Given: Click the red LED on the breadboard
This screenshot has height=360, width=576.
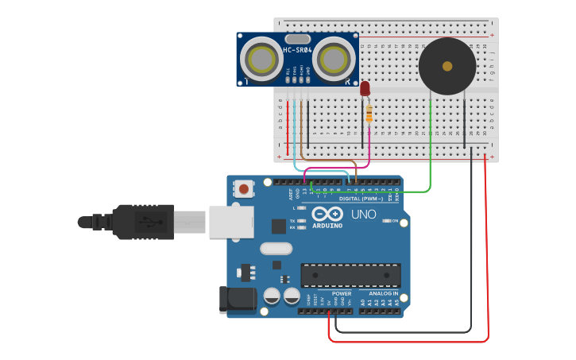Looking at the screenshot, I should (x=365, y=88).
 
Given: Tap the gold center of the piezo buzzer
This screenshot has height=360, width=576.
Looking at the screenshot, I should (x=447, y=66).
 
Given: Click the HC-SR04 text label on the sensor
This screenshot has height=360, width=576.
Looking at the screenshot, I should (x=298, y=51).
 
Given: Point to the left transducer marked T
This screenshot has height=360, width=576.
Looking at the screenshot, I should (x=261, y=59).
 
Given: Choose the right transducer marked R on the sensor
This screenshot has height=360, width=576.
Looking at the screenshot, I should (x=334, y=59).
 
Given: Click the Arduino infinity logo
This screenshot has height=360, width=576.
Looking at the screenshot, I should (x=327, y=214).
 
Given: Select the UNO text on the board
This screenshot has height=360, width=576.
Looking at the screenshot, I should (x=363, y=214).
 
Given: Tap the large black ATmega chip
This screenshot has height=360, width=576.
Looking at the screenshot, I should (x=350, y=275).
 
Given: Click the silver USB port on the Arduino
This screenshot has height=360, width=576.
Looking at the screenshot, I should (x=231, y=222).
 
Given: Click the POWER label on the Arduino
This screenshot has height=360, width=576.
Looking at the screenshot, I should (x=342, y=293).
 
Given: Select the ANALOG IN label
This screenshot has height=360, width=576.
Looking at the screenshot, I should (x=383, y=293).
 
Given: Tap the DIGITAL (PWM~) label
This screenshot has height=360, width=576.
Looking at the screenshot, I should (x=361, y=199).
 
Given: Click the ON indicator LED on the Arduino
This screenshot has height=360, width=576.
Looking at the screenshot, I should (x=385, y=221).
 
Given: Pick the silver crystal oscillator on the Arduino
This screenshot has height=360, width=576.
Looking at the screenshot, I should (x=276, y=248).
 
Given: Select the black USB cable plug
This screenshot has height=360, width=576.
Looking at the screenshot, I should (x=143, y=222).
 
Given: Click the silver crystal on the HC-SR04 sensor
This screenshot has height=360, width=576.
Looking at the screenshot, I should (x=297, y=39).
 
